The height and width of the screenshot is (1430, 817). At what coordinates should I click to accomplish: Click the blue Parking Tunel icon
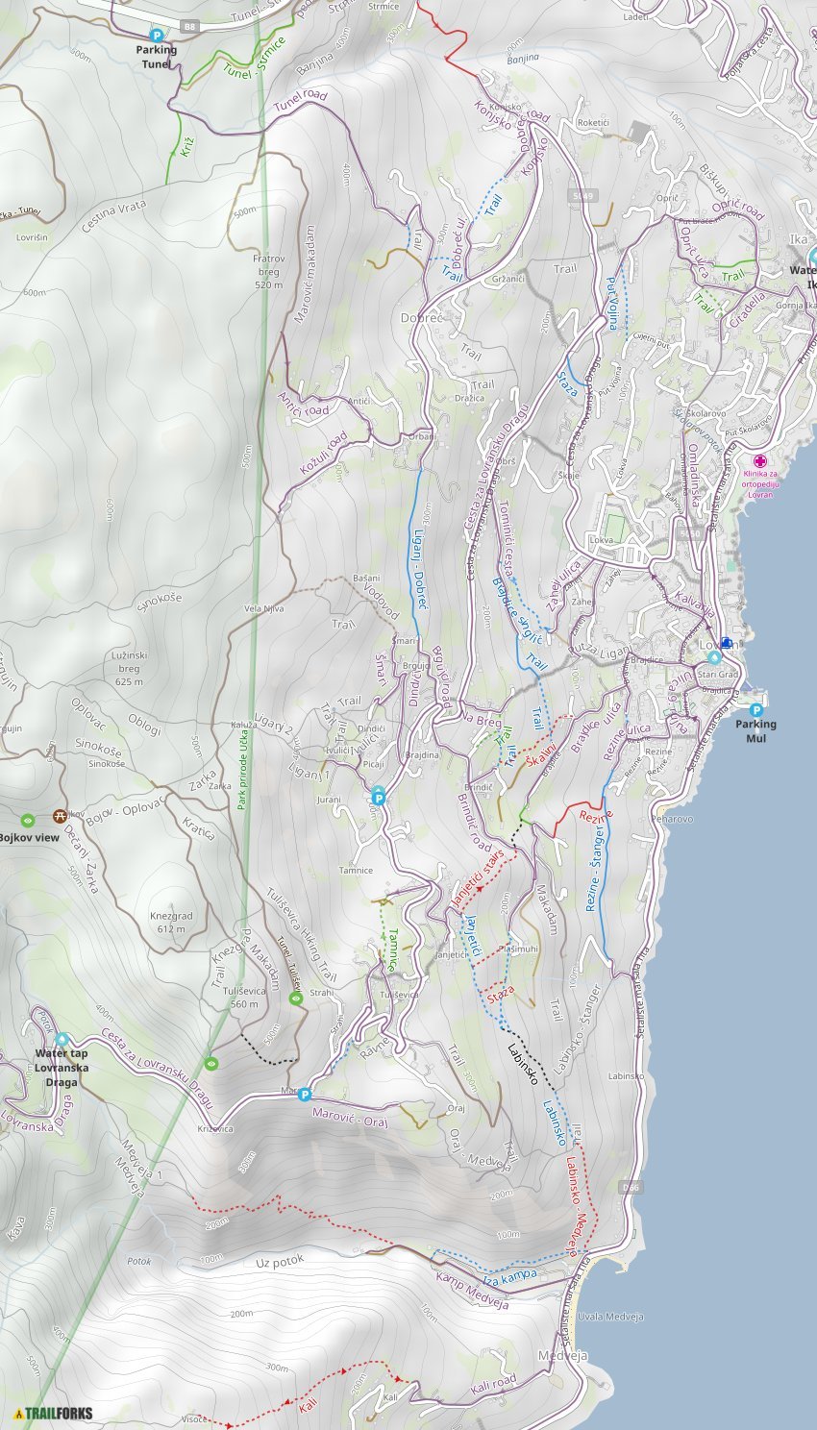(156, 35)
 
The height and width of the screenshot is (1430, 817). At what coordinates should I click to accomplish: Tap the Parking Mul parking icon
(755, 710)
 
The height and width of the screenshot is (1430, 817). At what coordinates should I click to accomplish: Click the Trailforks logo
(54, 1413)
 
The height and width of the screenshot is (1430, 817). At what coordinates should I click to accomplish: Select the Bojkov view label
(29, 837)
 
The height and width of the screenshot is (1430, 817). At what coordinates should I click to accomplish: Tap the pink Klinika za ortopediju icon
(759, 461)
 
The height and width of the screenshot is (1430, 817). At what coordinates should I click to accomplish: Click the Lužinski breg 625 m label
(129, 668)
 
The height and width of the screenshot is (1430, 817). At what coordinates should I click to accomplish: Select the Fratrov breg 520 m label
(268, 271)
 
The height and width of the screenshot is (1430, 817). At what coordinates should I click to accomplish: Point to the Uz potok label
(280, 1260)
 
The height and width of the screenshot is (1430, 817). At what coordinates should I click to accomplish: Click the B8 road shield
(190, 27)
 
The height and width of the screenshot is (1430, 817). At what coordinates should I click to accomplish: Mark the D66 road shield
(630, 1187)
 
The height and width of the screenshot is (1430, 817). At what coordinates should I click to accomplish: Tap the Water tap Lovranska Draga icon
(62, 1039)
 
